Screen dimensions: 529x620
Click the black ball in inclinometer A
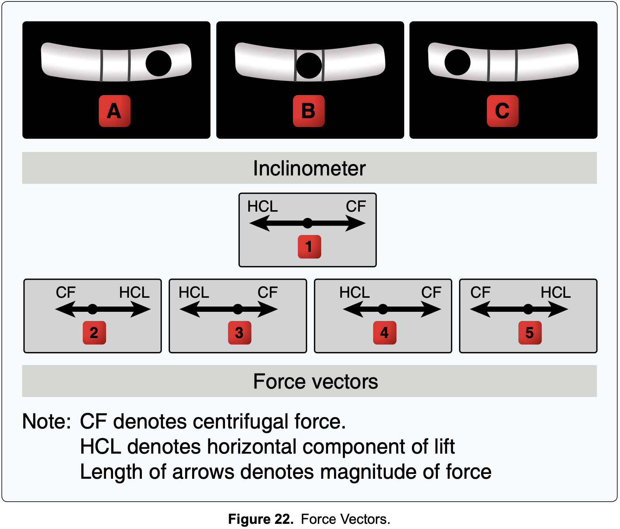coord(159,64)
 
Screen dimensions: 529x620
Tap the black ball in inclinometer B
coord(309,65)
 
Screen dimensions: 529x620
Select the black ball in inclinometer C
coord(457,62)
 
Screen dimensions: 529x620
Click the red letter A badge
coord(115,111)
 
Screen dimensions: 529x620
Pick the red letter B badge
coord(309,111)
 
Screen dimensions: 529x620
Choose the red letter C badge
coord(503,111)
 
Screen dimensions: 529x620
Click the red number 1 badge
coord(309,246)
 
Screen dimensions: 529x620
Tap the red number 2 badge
coord(94,332)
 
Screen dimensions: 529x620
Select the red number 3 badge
coord(239,332)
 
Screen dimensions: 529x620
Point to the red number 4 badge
coord(385,332)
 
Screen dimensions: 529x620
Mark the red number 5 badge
coord(530,332)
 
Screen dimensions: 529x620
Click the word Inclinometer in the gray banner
coord(309,168)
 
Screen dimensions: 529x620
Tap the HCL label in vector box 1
coord(262,207)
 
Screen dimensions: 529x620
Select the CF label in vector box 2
coord(65,293)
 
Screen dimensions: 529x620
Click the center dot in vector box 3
coord(238,309)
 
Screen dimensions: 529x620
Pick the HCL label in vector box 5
coord(555,293)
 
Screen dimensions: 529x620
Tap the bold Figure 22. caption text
coord(261,519)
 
